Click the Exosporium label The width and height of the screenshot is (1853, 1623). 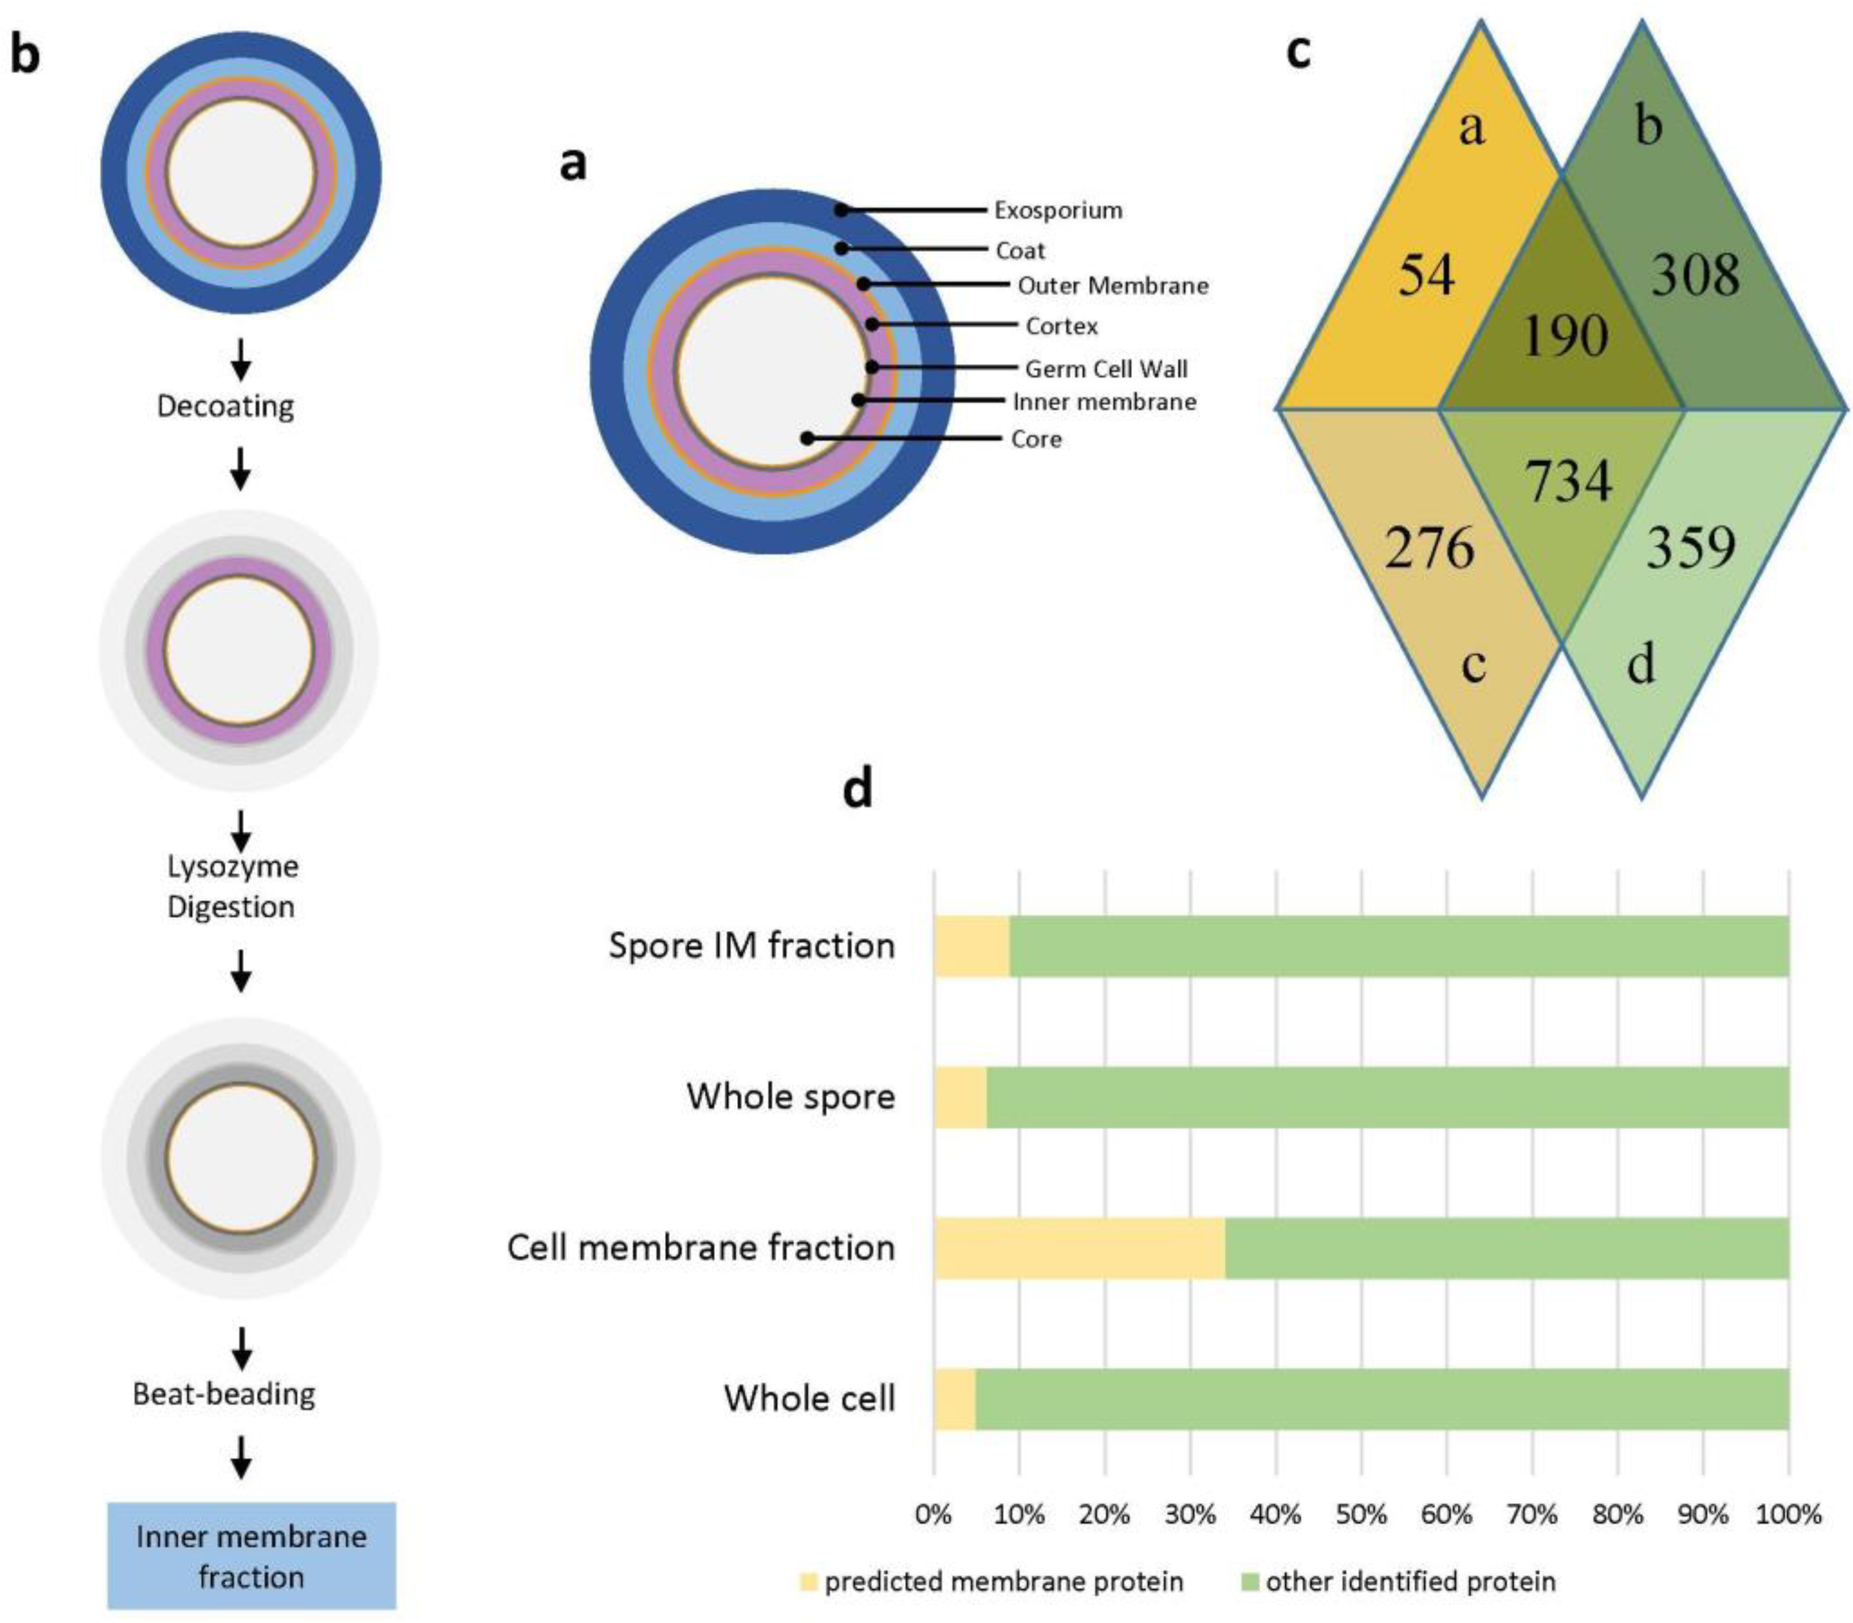click(x=1057, y=210)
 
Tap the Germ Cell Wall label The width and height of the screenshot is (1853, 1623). click(x=1105, y=369)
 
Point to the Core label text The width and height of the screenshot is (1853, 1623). click(x=1035, y=439)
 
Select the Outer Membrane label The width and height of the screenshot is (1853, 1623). click(x=1112, y=286)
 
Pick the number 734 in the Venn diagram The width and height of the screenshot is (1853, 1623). click(x=1567, y=481)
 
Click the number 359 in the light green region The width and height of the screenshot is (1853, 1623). click(x=1690, y=547)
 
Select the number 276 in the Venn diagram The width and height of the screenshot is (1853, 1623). click(x=1429, y=548)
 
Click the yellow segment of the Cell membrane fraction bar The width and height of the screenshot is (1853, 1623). click(x=1078, y=1248)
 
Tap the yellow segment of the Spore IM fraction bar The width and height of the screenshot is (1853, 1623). click(x=971, y=945)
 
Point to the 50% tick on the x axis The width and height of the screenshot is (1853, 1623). click(x=1361, y=1514)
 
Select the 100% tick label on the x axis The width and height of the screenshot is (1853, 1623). click(x=1787, y=1514)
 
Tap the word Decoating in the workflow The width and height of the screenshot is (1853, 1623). click(x=225, y=406)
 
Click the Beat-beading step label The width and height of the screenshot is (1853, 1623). click(x=224, y=1394)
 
